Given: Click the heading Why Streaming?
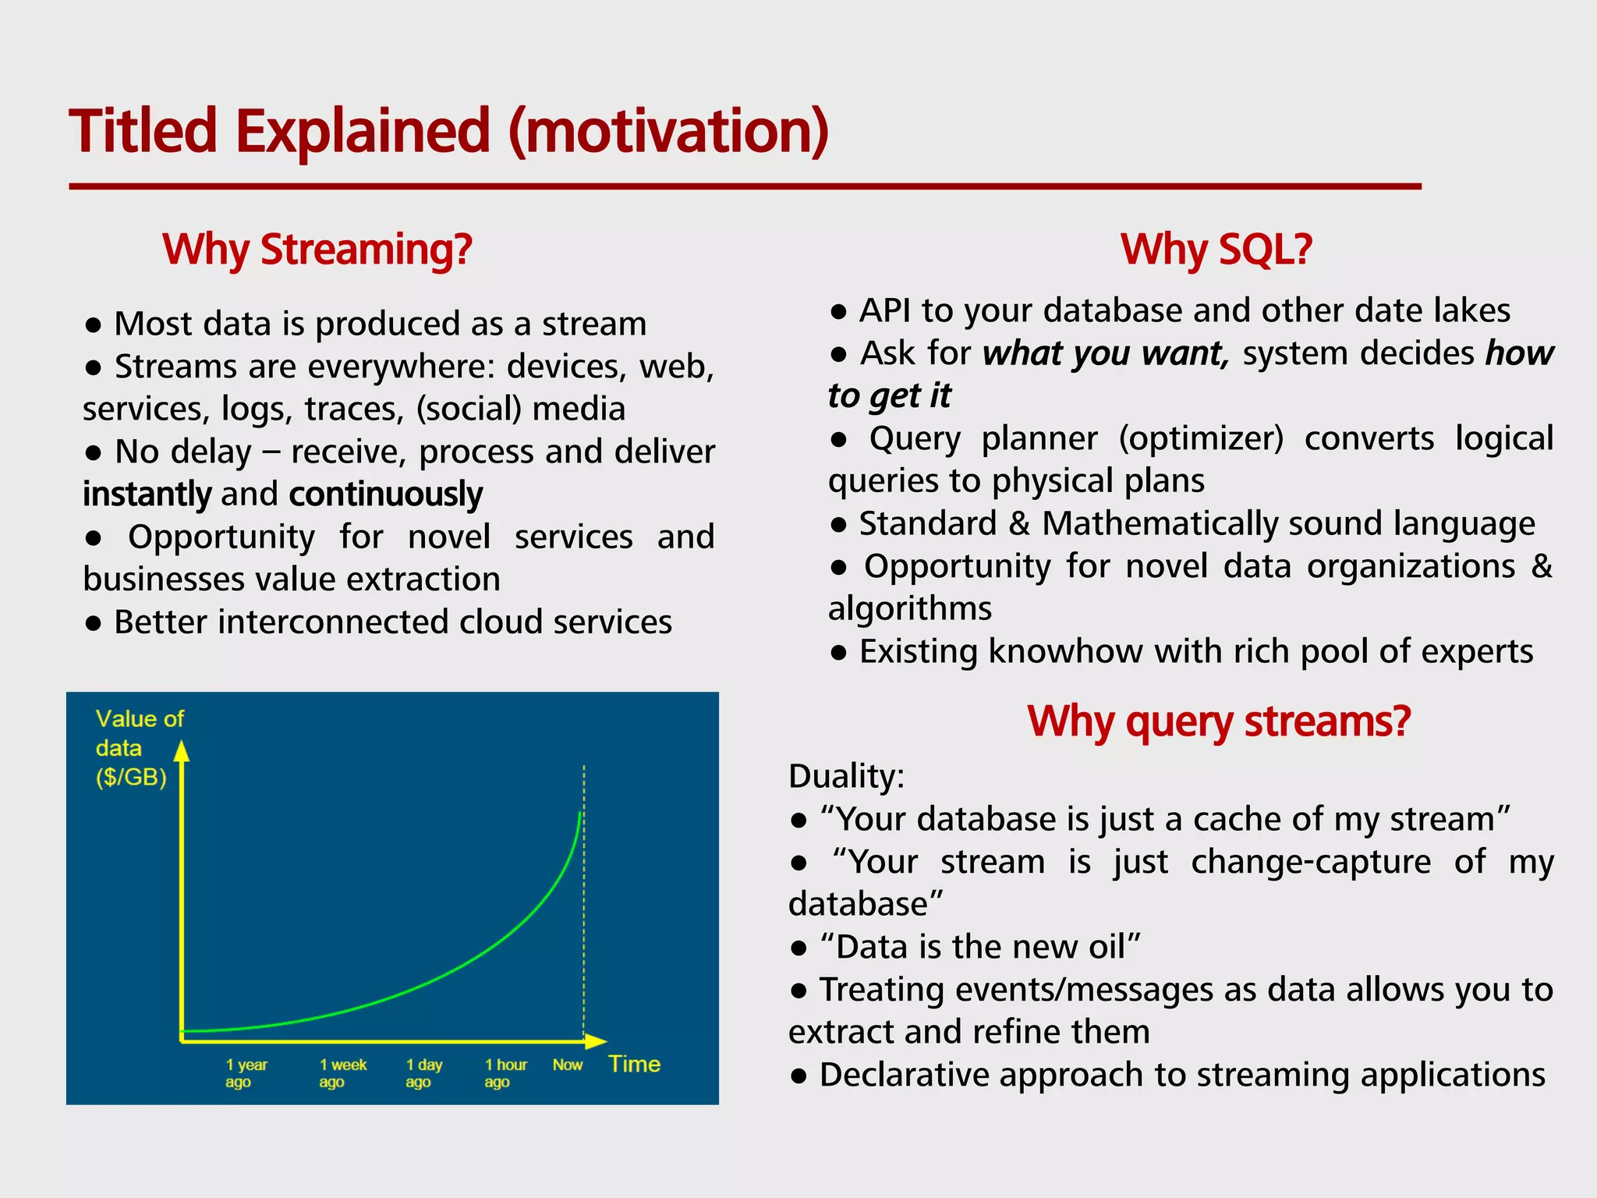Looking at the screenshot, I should point(317,250).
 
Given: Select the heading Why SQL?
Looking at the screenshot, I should point(1216,250).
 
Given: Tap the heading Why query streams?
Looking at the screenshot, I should point(1218,721).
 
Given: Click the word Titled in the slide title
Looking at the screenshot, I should point(143,131).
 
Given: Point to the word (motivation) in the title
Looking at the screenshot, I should point(668,131).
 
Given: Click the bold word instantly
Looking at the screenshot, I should point(147,494).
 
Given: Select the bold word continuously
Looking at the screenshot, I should point(385,494).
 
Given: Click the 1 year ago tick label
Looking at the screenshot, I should point(246,1073).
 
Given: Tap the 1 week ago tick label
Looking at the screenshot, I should point(342,1073).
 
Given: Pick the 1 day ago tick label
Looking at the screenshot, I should point(423,1073).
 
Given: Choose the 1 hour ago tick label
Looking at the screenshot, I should point(505,1073).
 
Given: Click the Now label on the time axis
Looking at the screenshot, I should point(567,1065).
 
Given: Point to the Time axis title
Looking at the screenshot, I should point(634,1064).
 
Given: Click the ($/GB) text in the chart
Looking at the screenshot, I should point(131,778).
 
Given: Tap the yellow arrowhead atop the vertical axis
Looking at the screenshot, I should point(182,751).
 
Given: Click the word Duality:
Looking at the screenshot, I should point(846,776).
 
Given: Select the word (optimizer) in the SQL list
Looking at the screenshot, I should point(1201,438).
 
